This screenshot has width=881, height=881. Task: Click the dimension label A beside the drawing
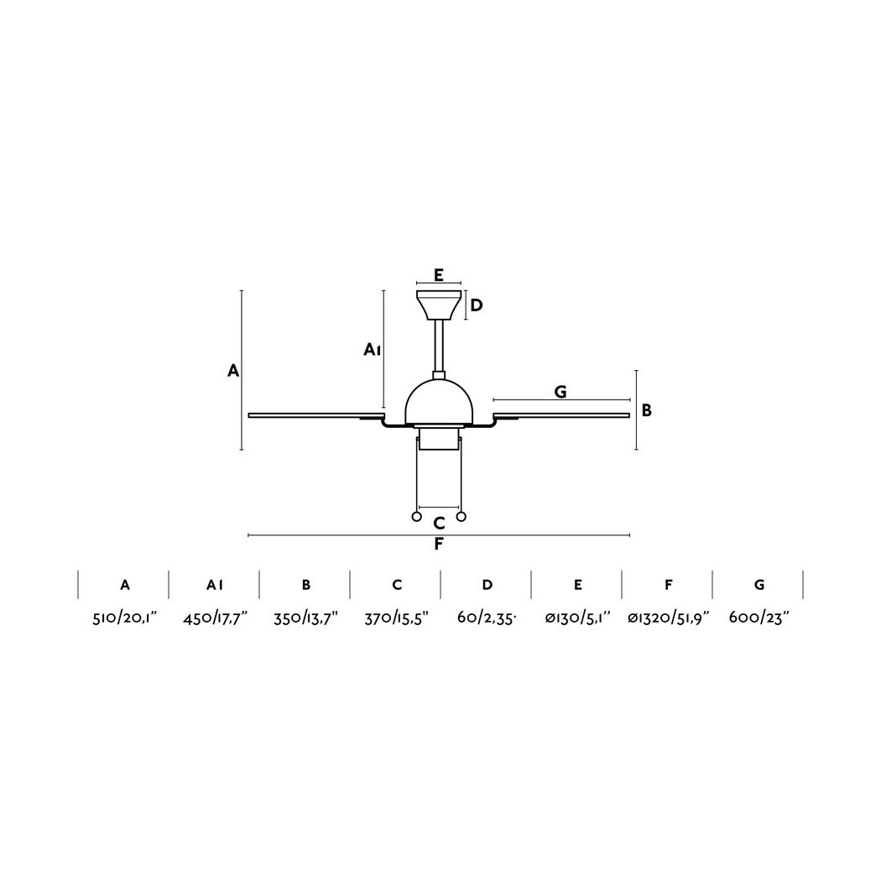tap(233, 371)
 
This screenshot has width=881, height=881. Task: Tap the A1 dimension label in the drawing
tap(372, 350)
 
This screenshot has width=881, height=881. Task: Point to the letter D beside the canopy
tap(477, 305)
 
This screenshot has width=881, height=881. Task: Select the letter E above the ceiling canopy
tap(439, 274)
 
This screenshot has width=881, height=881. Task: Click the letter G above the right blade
tap(560, 392)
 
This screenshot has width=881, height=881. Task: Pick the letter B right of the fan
tap(647, 410)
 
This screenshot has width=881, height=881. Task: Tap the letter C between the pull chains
tap(440, 524)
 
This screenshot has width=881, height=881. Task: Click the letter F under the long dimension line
tap(439, 545)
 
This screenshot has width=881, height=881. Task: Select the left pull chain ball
tap(416, 517)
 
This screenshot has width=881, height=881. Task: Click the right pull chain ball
tap(461, 517)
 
